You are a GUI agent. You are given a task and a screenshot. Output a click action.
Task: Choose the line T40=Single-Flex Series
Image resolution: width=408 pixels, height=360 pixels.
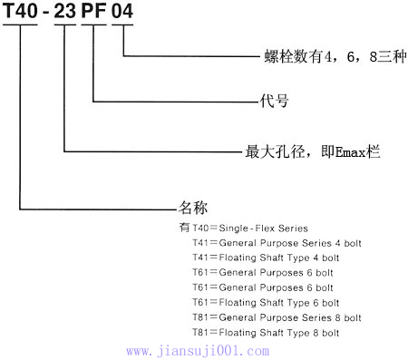(x=250, y=229)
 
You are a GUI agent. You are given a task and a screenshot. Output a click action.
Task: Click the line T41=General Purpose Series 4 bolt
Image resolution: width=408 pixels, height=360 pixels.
(x=277, y=244)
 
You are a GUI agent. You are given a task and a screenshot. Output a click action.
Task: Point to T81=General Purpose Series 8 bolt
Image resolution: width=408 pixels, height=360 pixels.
(x=277, y=317)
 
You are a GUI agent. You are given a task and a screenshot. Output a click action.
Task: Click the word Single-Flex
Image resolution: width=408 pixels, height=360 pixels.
(x=251, y=229)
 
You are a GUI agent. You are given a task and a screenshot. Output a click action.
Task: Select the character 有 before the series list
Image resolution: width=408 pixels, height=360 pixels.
(x=185, y=229)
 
